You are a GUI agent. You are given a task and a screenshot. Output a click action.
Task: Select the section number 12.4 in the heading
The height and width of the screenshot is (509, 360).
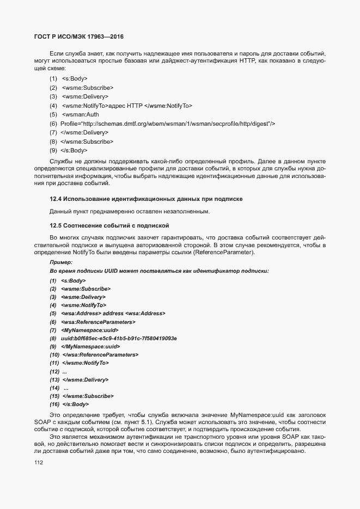pyautogui.click(x=56, y=200)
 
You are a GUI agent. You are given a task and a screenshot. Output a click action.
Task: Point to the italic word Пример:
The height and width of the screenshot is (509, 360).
pyautogui.click(x=61, y=262)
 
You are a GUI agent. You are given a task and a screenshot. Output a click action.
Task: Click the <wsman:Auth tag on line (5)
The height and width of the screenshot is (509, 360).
pyautogui.click(x=80, y=115)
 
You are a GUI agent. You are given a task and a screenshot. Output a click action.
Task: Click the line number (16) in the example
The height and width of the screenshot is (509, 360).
pyautogui.click(x=54, y=404)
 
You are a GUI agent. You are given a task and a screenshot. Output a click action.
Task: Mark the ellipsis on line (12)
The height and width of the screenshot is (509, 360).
pyautogui.click(x=65, y=371)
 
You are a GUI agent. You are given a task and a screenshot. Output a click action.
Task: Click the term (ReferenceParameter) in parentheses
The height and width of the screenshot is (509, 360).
pyautogui.click(x=223, y=253)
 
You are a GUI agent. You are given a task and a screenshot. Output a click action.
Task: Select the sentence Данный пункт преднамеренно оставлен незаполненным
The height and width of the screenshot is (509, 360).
pyautogui.click(x=129, y=211)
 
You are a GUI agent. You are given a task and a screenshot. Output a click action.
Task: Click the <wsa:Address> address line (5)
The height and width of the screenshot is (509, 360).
pyautogui.click(x=113, y=314)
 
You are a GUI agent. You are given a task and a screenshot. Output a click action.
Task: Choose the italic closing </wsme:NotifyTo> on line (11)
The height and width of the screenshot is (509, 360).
pyautogui.click(x=86, y=363)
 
